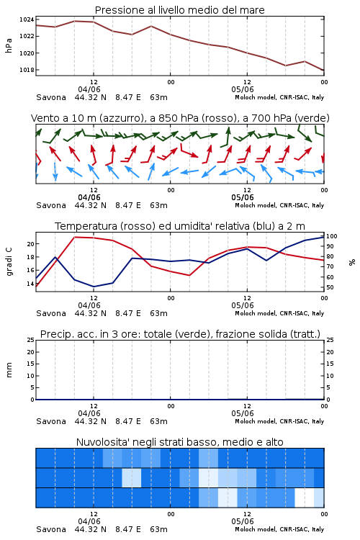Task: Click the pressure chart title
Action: (x=179, y=10)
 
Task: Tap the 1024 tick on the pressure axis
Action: (x=27, y=19)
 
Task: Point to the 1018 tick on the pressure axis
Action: (x=27, y=70)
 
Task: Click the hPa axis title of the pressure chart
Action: (x=9, y=45)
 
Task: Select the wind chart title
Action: (x=180, y=118)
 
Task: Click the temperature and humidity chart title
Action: (x=180, y=226)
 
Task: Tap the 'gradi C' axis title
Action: (x=9, y=261)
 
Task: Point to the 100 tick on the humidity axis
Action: (x=332, y=236)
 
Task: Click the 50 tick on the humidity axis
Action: (x=330, y=287)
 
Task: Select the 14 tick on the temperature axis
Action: (x=31, y=284)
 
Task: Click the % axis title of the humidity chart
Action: (x=352, y=262)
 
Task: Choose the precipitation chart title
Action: (x=180, y=334)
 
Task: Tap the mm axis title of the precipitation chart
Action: (x=9, y=370)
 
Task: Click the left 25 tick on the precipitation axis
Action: (x=31, y=340)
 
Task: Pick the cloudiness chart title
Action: (x=180, y=442)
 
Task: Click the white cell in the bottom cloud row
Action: (x=305, y=498)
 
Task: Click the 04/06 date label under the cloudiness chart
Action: (x=89, y=521)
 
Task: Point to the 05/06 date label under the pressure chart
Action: (x=243, y=89)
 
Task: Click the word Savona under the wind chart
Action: (x=51, y=205)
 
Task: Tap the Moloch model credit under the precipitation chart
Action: (x=279, y=421)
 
